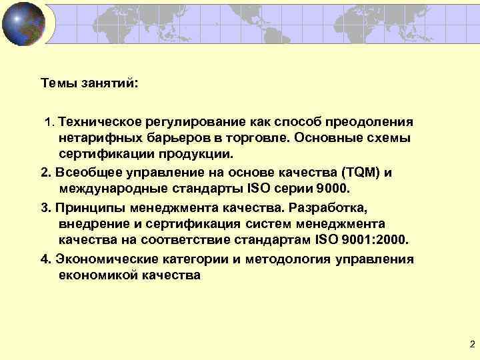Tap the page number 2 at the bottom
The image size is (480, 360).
point(472,345)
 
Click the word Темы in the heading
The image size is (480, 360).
point(57,84)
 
